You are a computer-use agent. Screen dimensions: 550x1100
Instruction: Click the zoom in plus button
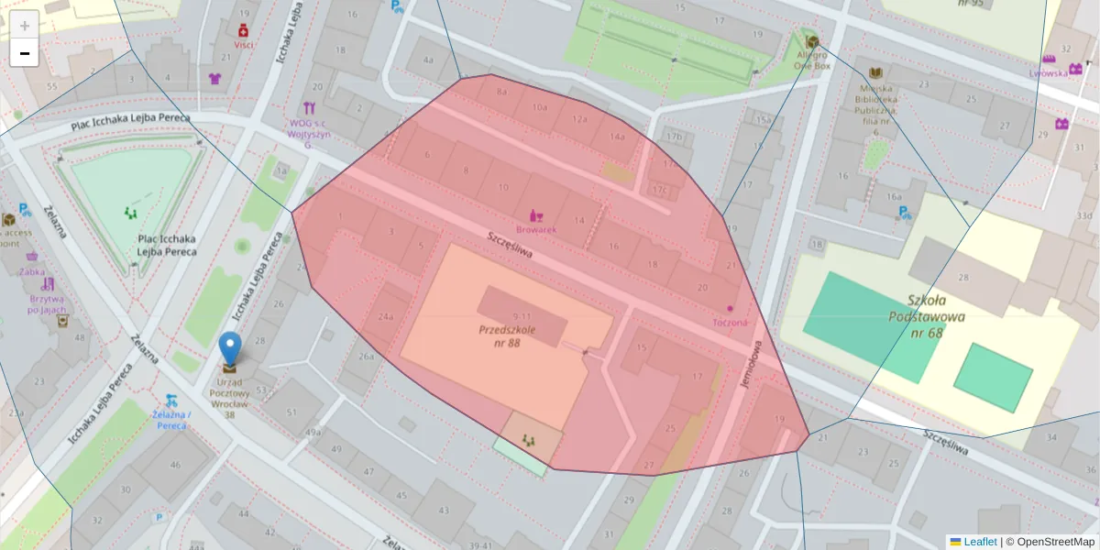tap(25, 25)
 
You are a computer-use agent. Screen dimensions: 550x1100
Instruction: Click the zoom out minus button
tap(25, 53)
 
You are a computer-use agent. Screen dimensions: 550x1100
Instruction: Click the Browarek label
tap(536, 230)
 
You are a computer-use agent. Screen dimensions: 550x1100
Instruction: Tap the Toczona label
tap(730, 323)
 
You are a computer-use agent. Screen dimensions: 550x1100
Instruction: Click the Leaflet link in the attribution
tap(979, 542)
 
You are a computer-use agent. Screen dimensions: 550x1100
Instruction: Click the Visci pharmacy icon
tap(243, 30)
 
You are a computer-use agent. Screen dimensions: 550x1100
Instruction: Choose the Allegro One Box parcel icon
tap(811, 41)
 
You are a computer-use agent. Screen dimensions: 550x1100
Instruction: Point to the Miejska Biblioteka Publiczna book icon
tap(875, 73)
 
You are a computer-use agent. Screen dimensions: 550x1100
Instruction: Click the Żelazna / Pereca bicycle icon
tap(171, 401)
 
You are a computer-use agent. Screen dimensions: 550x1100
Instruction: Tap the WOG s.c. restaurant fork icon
tap(309, 107)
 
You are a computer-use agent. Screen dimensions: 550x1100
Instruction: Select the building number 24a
tap(386, 317)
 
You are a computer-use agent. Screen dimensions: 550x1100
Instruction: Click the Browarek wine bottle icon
tap(536, 215)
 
